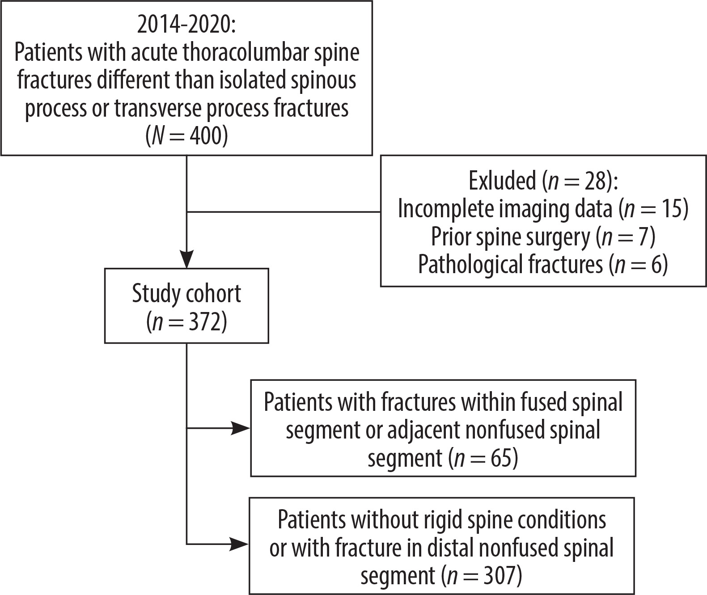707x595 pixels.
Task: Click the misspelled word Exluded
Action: pyautogui.click(x=502, y=181)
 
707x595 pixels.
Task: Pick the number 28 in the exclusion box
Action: pyautogui.click(x=595, y=181)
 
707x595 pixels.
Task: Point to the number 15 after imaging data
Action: pyautogui.click(x=671, y=209)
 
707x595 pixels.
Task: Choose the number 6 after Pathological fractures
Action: pyautogui.click(x=656, y=265)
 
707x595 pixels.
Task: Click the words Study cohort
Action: pyautogui.click(x=186, y=293)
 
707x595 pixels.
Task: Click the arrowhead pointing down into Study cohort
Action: pyautogui.click(x=186, y=258)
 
